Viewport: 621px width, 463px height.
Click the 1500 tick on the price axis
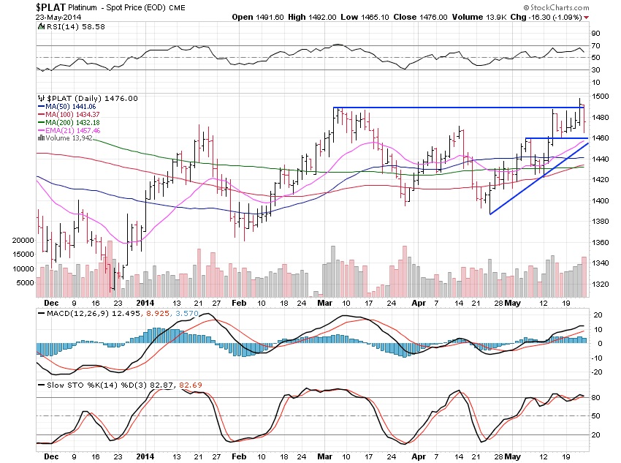point(600,97)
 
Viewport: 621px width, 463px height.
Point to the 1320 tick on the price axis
point(600,284)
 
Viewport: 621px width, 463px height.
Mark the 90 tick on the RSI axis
point(596,33)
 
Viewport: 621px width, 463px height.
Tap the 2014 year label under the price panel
point(145,301)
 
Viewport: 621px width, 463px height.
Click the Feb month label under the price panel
point(239,301)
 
